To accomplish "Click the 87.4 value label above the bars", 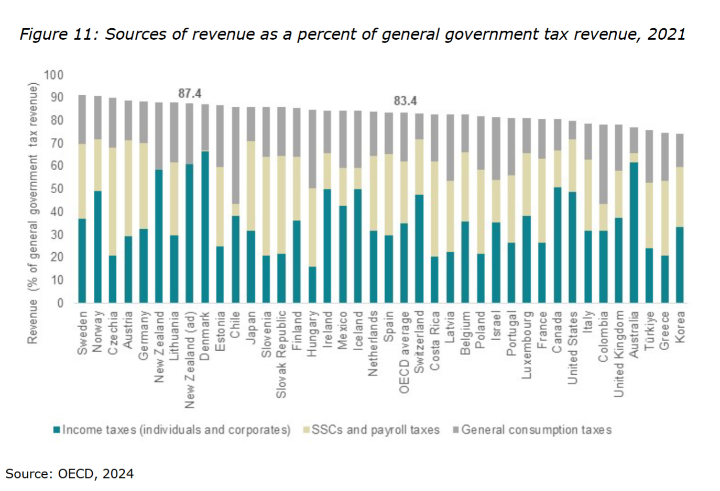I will (x=190, y=93).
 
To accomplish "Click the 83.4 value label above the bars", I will (x=405, y=101).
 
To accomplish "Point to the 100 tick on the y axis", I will (x=53, y=75).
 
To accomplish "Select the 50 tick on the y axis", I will (x=56, y=189).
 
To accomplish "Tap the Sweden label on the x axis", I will (x=82, y=333).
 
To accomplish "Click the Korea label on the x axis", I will (x=680, y=327).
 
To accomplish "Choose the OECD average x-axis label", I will (x=404, y=352).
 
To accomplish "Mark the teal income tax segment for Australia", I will (x=634, y=232).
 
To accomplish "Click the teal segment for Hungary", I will (x=313, y=285).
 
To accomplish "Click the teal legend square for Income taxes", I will (x=57, y=430).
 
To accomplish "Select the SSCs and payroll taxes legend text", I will (x=375, y=430).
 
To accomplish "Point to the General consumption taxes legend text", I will (x=536, y=430).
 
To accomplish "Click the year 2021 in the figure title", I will (x=666, y=34).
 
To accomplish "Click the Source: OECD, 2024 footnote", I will (x=70, y=474).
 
